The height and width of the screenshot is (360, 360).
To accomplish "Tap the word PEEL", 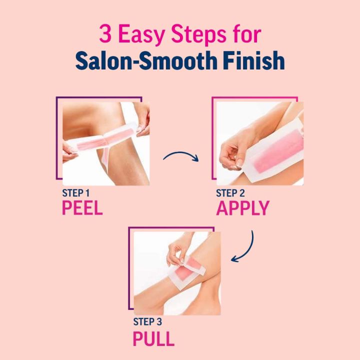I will coord(82,207).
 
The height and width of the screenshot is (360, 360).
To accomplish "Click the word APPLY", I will coord(242,207).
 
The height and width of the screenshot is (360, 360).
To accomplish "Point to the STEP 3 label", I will coord(148,322).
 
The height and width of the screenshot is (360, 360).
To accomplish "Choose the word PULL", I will coord(153,339).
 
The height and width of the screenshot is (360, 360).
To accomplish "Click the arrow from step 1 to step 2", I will coord(181,156).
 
